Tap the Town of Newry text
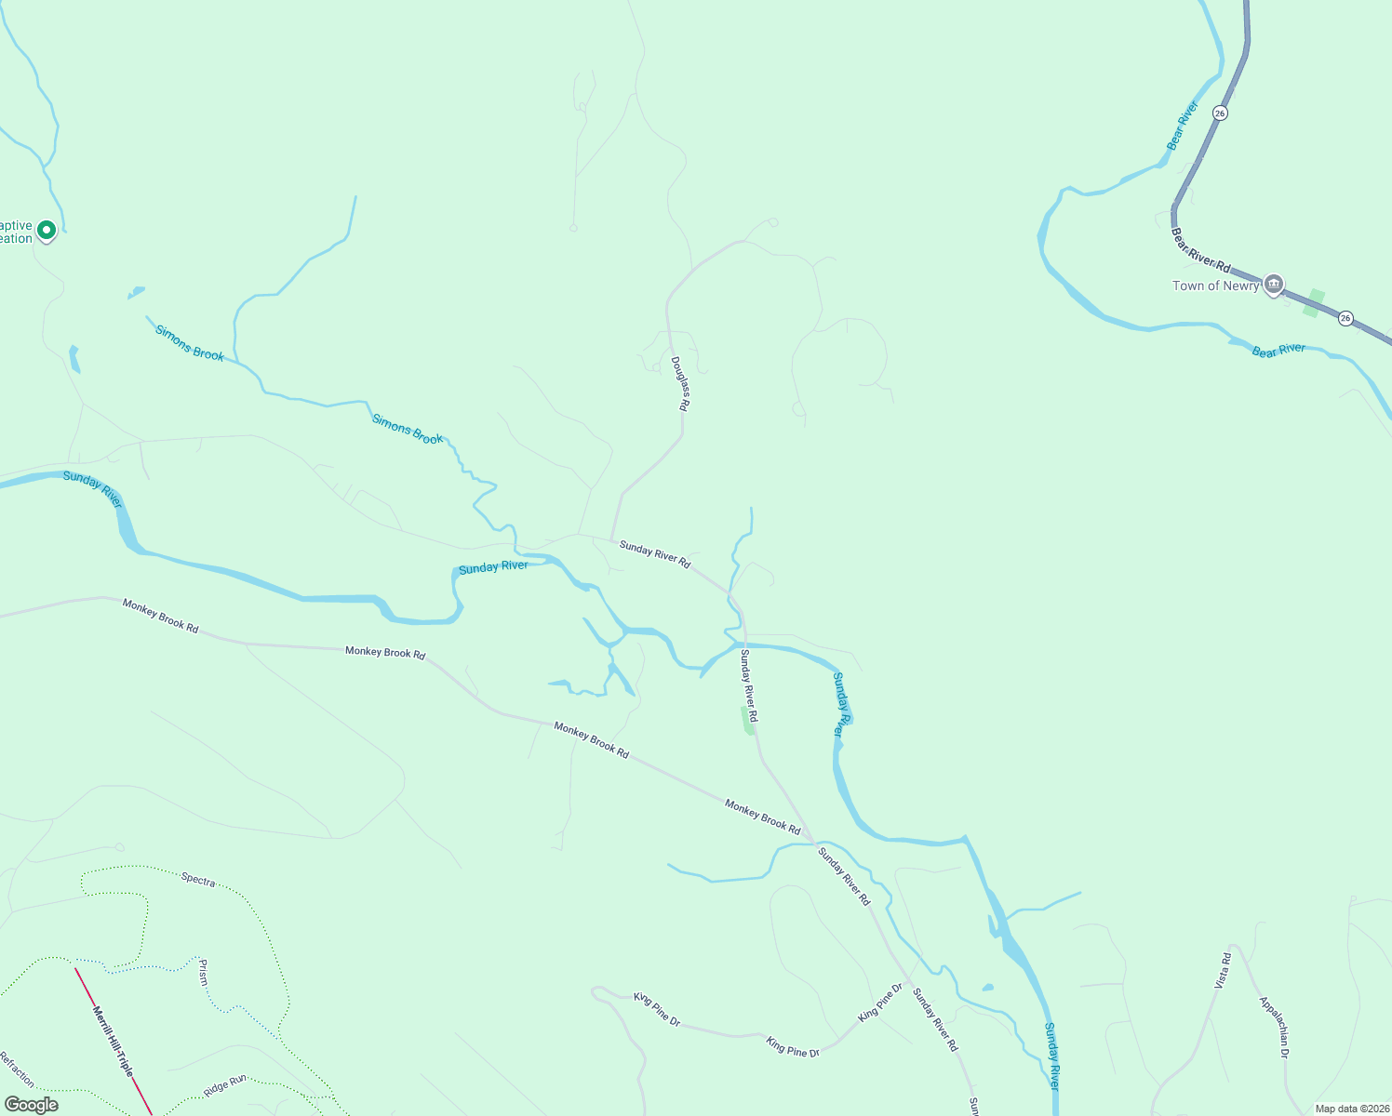click(1215, 286)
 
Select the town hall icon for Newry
click(1274, 283)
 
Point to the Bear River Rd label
click(1200, 251)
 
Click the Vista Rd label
click(1225, 970)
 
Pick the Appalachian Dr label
click(1274, 1028)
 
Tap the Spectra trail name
click(198, 879)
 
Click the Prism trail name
click(203, 973)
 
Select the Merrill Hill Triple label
click(113, 1041)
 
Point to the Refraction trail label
click(16, 1069)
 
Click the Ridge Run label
click(224, 1084)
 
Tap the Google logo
click(32, 1105)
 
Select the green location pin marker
click(46, 230)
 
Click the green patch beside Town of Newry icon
click(1314, 302)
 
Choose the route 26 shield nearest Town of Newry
click(1345, 318)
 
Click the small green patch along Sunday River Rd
click(747, 720)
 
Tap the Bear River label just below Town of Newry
click(1278, 350)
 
